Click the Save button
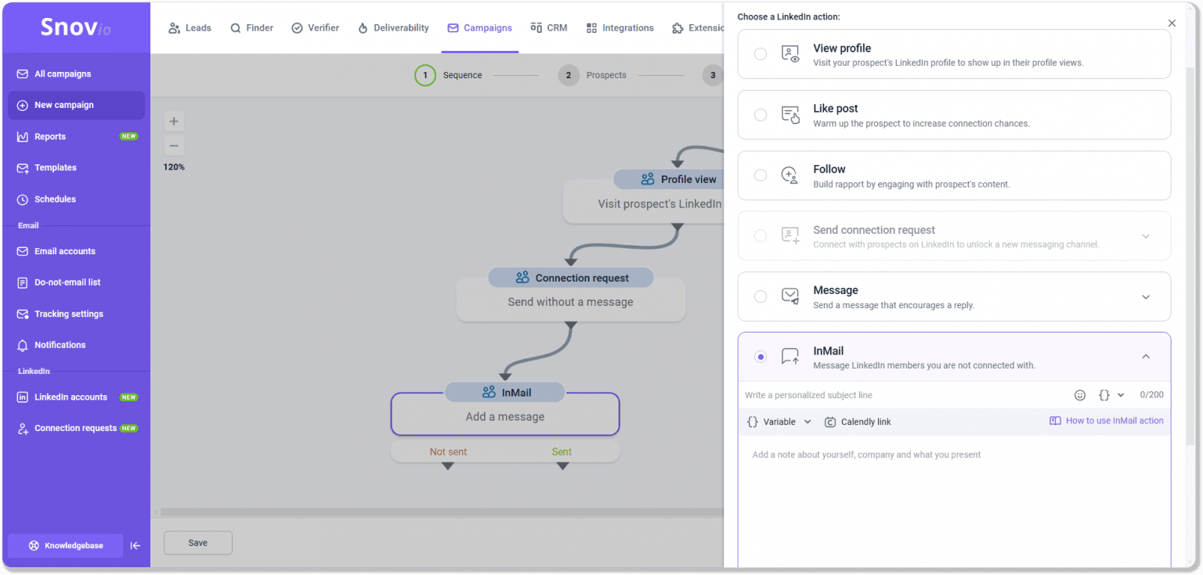point(197,542)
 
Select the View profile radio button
point(760,54)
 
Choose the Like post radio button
point(760,114)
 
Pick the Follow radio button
point(760,175)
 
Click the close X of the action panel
point(1172,23)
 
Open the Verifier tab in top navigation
point(316,28)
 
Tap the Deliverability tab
point(394,28)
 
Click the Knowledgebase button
point(66,545)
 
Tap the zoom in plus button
point(174,121)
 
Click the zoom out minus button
point(174,146)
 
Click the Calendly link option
point(858,422)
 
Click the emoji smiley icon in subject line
point(1079,395)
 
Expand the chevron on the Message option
point(1146,296)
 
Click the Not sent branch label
point(448,451)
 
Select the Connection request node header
point(571,278)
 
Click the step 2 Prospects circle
point(568,75)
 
